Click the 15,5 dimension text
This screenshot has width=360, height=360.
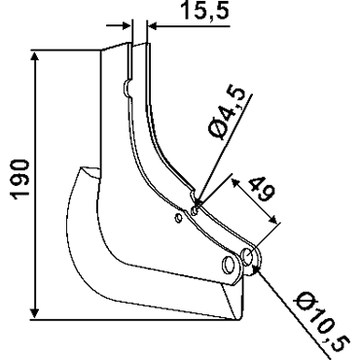coord(204,11)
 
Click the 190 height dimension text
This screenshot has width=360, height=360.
coord(20,179)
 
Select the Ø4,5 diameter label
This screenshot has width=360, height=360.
coord(227,114)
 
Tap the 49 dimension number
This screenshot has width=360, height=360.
coord(262,189)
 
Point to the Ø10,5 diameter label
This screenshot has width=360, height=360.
coord(322,322)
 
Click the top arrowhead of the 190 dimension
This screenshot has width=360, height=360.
coord(34,57)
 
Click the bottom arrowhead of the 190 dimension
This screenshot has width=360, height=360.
coord(34,312)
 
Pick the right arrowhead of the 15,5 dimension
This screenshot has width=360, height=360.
coord(154,26)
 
